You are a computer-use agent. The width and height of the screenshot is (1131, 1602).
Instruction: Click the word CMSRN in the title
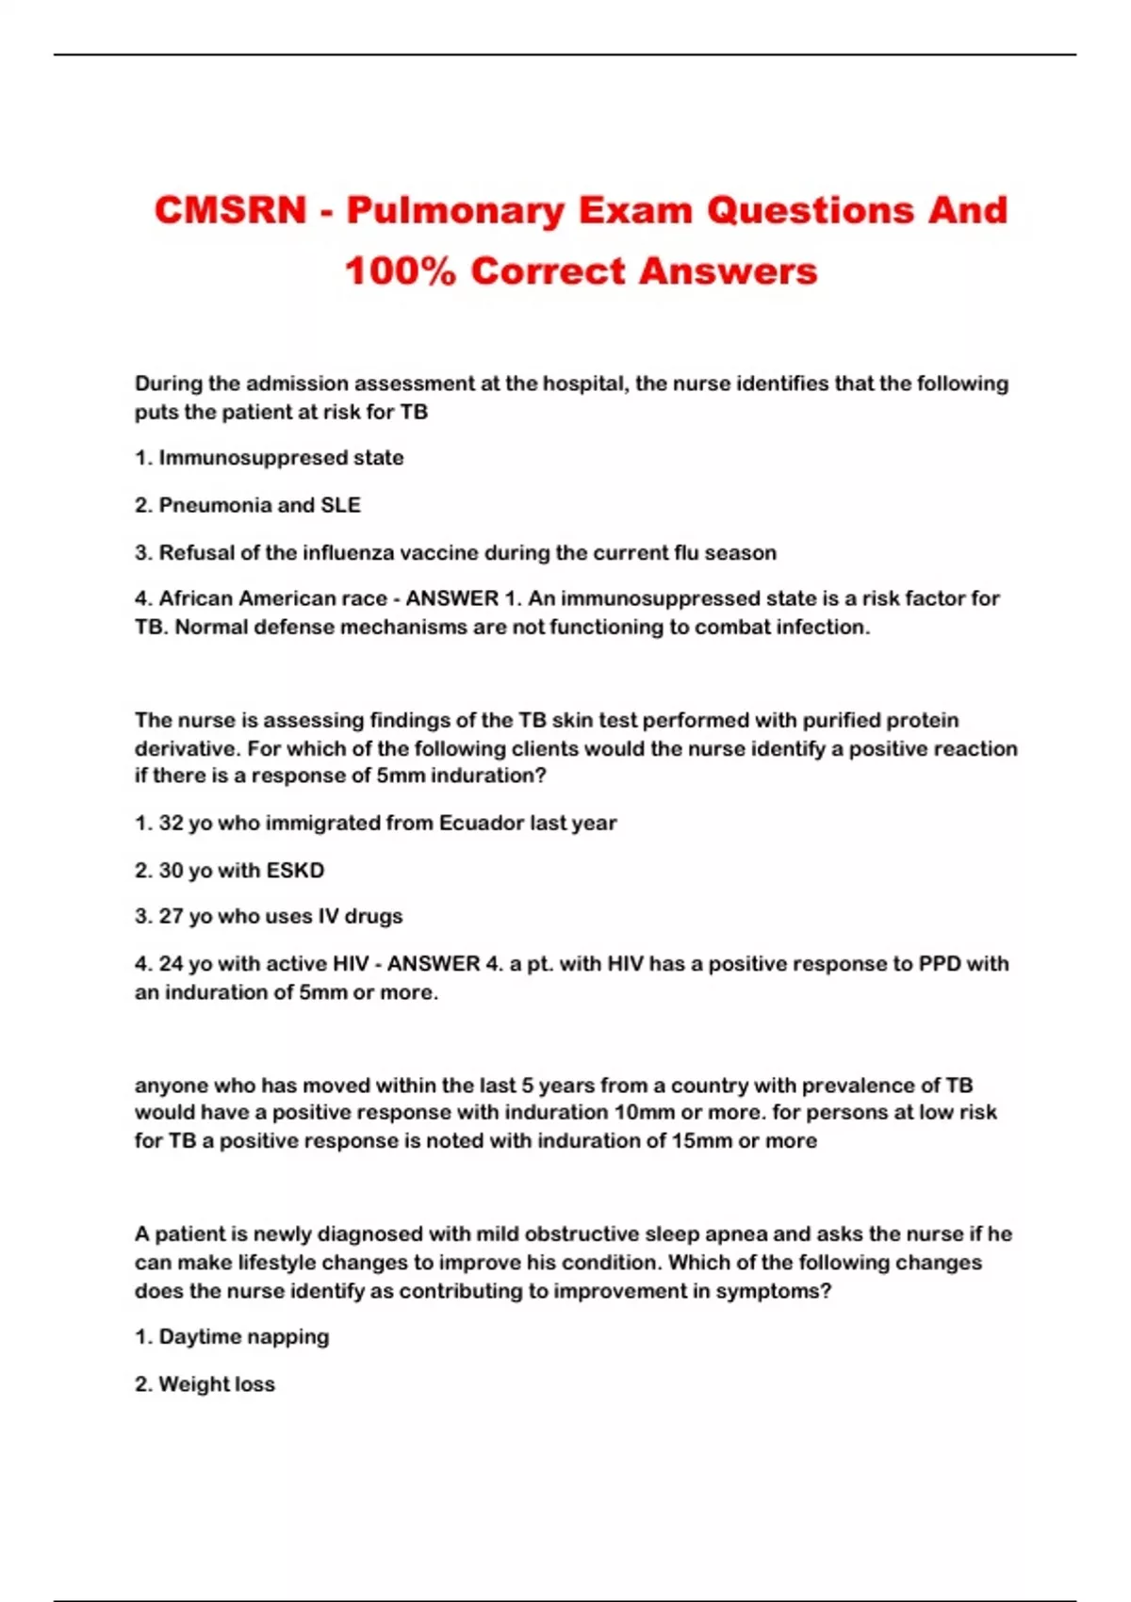(x=231, y=210)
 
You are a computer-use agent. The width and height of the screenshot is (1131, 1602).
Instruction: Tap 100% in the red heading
(x=401, y=271)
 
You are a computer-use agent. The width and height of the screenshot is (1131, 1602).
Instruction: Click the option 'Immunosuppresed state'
(x=280, y=458)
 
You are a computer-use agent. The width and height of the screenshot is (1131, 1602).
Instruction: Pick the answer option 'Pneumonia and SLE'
(x=259, y=505)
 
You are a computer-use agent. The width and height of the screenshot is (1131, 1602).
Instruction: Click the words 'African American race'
(x=272, y=598)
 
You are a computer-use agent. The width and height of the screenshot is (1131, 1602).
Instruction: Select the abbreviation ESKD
(x=295, y=870)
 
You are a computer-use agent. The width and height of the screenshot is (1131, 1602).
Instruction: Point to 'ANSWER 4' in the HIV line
(x=446, y=963)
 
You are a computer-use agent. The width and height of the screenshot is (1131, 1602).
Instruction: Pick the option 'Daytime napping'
(x=243, y=1336)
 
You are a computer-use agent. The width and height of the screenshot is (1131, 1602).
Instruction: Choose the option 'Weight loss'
(x=217, y=1383)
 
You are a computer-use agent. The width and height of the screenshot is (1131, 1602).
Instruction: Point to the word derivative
(x=180, y=748)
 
